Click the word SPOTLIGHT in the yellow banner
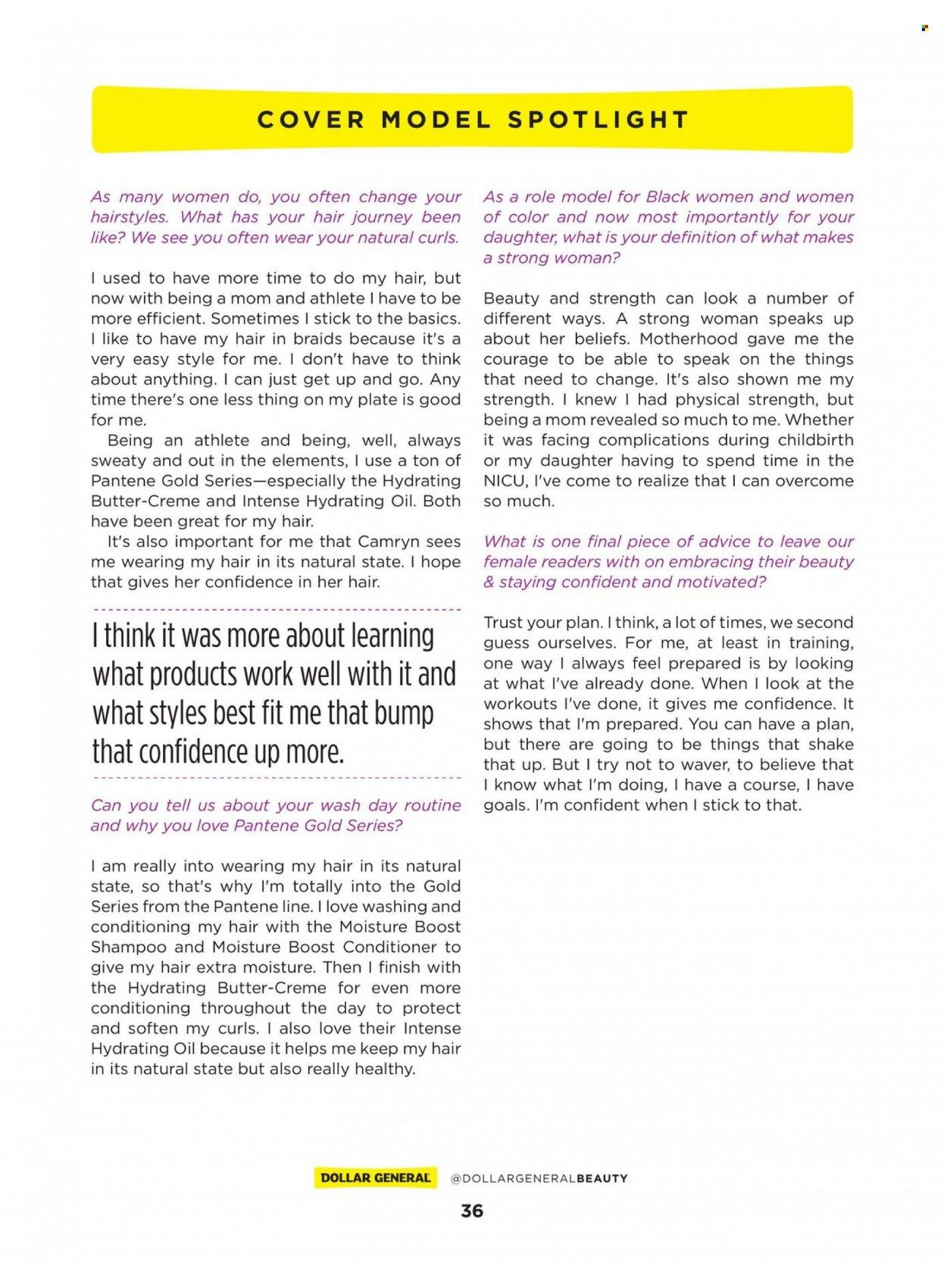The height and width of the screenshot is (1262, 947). point(598,120)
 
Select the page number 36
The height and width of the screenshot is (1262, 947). point(472,1210)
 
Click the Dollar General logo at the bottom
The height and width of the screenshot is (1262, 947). point(376,1178)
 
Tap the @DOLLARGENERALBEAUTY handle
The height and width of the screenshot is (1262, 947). point(539,1179)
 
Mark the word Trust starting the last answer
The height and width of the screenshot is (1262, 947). point(505,623)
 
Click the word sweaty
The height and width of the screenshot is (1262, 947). point(118,461)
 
